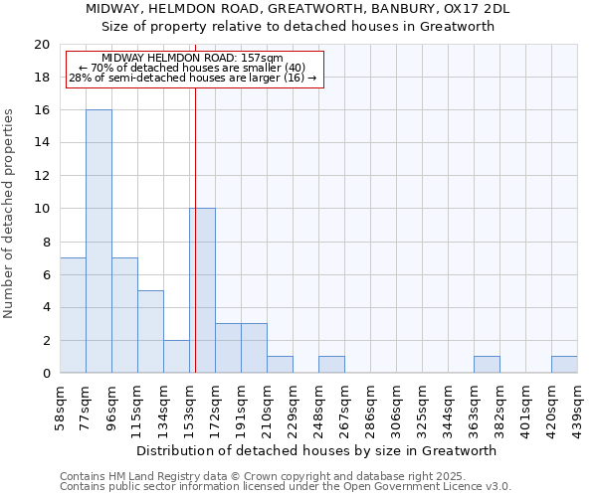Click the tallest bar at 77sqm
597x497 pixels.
click(99, 242)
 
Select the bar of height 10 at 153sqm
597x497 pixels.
click(202, 290)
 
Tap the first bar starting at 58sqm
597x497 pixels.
click(73, 315)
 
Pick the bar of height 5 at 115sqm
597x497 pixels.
click(150, 332)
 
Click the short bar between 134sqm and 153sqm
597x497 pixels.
click(176, 356)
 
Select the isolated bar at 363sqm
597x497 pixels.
click(487, 365)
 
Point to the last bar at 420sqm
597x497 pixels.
click(564, 365)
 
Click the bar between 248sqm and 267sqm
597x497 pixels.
click(331, 365)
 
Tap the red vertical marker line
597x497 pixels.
click(195, 199)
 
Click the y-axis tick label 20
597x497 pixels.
click(41, 45)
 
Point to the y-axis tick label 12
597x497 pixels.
click(41, 176)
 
